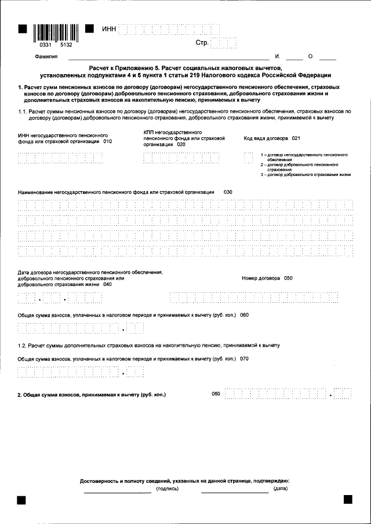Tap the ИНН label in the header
coord(108,29)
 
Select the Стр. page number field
coord(224,43)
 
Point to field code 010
coord(107,141)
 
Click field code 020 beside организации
coord(181,145)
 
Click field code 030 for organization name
coord(228,192)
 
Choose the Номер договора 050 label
coord(267,278)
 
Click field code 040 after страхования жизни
coord(108,284)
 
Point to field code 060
coord(244,315)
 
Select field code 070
coord(244,359)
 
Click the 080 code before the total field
coord(216,394)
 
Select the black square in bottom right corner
coord(348,499)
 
